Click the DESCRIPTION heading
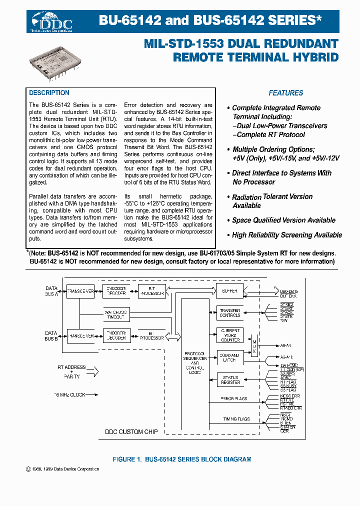click(49, 93)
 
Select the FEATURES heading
click(285, 93)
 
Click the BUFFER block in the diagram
click(229, 290)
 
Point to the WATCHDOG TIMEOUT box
click(115, 314)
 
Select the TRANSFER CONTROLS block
click(229, 312)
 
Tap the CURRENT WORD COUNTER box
click(229, 335)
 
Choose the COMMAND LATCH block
click(229, 357)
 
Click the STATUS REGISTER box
click(229, 379)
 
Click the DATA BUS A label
click(51, 291)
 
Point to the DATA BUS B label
click(51, 335)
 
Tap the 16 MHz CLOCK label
click(69, 395)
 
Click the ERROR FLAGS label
click(234, 399)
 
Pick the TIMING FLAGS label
click(236, 419)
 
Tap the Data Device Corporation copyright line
click(62, 469)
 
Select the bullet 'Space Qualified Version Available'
click(283, 220)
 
